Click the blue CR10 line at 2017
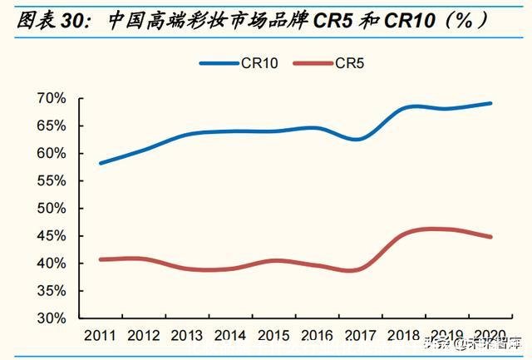[x=358, y=139]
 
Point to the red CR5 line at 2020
[x=490, y=237]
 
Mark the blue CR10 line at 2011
[x=101, y=163]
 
